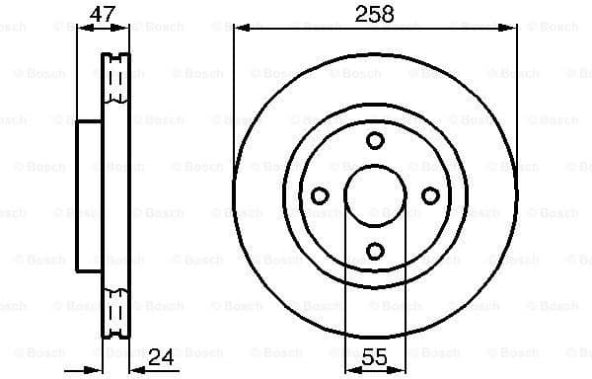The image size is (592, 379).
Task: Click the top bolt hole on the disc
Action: (x=375, y=140)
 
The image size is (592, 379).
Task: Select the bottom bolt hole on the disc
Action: (x=375, y=251)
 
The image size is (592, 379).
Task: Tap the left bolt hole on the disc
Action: (x=320, y=195)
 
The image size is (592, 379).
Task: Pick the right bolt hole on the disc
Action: (x=430, y=195)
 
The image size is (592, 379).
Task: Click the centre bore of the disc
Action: (x=375, y=195)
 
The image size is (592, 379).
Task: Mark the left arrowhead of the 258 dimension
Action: (x=239, y=29)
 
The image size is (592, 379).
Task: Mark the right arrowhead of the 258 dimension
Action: (x=512, y=29)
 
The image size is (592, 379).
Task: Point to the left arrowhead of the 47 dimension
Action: (x=82, y=29)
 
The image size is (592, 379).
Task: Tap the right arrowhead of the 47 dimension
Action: (x=126, y=29)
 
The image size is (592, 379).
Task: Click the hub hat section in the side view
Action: (x=90, y=195)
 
